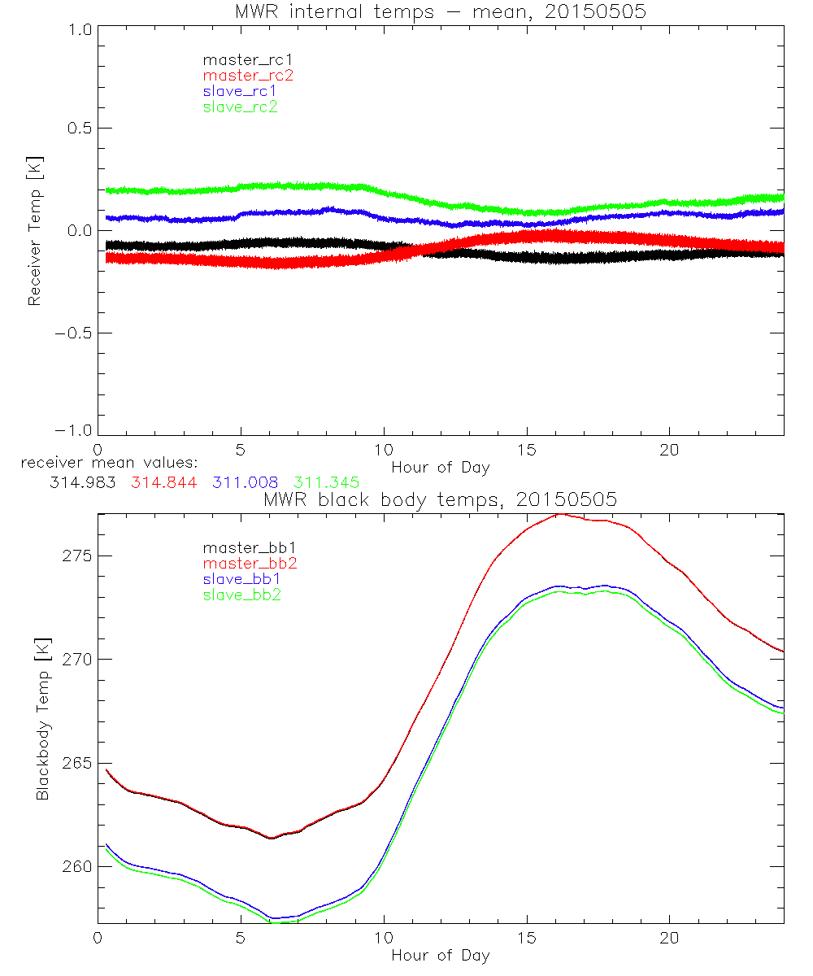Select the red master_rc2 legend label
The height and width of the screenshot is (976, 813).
tap(248, 76)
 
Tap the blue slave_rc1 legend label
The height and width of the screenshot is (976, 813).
tap(240, 91)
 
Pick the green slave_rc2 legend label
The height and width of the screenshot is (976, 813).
tap(240, 107)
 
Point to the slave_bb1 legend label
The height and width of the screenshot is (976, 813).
tap(244, 579)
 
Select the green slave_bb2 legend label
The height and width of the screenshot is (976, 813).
tap(244, 595)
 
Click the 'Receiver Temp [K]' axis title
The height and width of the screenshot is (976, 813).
tap(34, 230)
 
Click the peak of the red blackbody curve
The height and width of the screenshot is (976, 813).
tap(559, 514)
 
